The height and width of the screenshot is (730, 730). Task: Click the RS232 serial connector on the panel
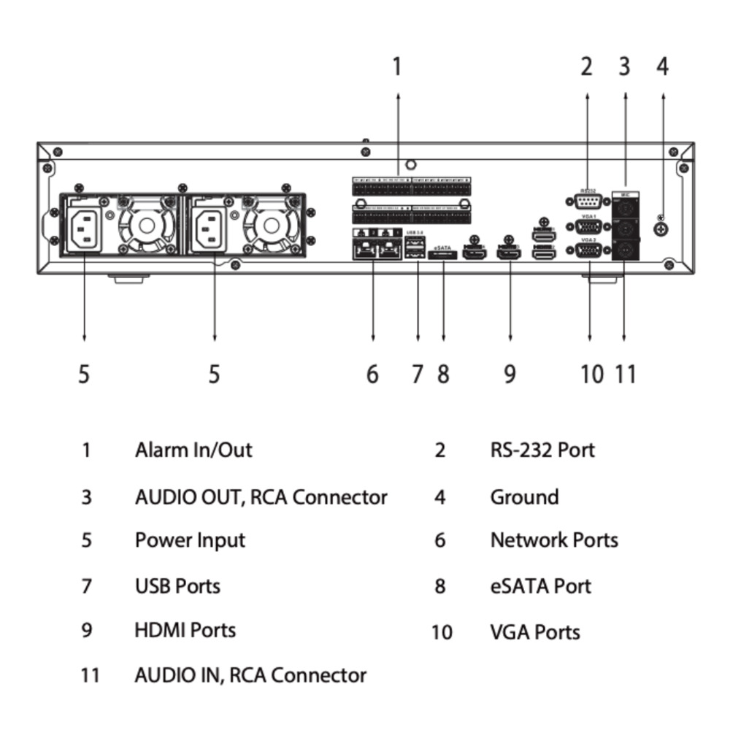588,202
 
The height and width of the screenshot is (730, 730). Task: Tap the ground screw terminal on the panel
661,228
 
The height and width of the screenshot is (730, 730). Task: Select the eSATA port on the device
445,255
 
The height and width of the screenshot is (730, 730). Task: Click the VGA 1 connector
588,227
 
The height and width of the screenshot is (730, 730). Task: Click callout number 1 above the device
397,66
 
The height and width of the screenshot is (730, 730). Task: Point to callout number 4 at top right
662,66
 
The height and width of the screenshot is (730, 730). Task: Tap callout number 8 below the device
443,374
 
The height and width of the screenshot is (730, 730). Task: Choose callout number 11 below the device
626,374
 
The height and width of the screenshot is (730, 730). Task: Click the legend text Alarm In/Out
193,450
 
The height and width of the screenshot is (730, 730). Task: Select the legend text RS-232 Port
542,450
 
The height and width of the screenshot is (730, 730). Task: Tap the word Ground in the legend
524,497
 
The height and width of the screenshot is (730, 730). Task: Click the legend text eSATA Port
540,586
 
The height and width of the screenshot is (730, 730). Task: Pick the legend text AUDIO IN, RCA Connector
250,675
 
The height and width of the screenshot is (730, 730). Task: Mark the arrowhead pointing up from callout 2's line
587,96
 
